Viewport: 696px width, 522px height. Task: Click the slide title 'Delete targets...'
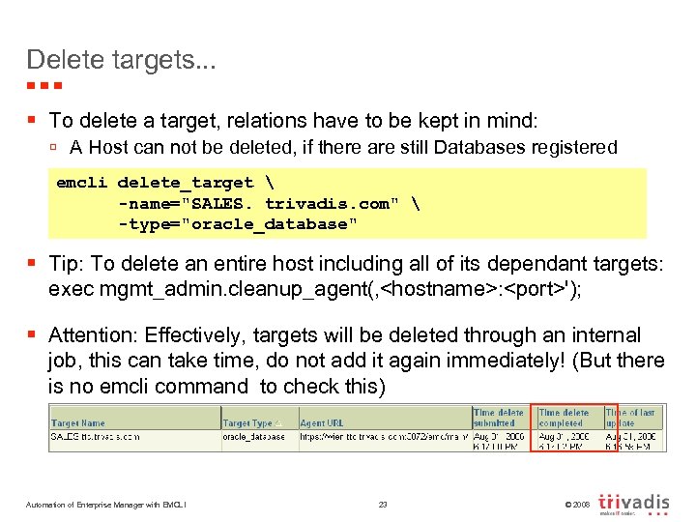click(x=122, y=59)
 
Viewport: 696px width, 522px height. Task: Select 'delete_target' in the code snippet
click(x=185, y=183)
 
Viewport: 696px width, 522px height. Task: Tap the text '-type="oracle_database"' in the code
click(x=237, y=224)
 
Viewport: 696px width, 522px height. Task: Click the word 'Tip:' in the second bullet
click(x=69, y=263)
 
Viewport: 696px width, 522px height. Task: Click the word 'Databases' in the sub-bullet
click(x=479, y=148)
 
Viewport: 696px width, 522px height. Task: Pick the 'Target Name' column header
click(x=79, y=422)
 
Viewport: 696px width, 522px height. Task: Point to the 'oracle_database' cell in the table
click(x=254, y=436)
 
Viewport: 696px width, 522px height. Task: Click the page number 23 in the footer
click(x=383, y=504)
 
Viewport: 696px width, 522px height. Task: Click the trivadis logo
click(x=633, y=504)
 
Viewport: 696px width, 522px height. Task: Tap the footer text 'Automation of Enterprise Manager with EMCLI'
click(x=107, y=504)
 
